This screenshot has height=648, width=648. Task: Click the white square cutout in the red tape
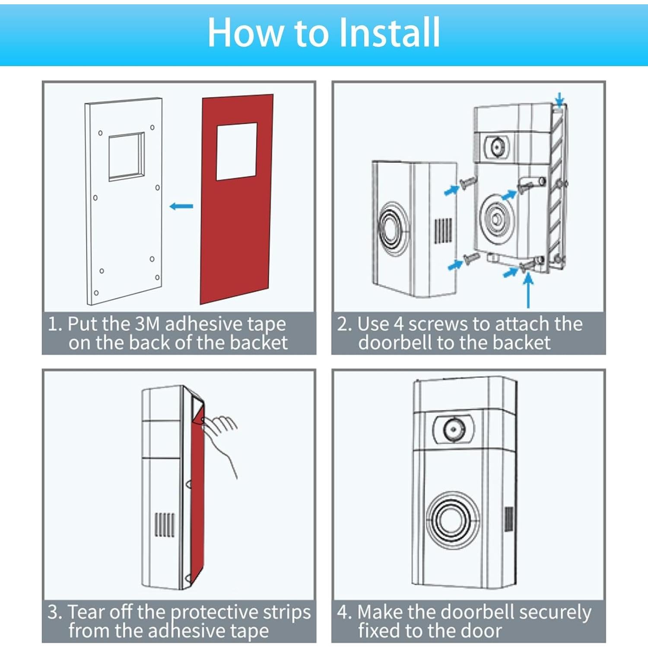(237, 152)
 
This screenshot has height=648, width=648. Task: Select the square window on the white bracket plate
(126, 156)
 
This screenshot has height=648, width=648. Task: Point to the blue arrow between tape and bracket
(181, 206)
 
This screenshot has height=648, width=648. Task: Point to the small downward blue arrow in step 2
(559, 99)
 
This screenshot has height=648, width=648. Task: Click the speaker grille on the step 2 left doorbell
(443, 231)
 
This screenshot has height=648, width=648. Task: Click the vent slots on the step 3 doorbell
(165, 524)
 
